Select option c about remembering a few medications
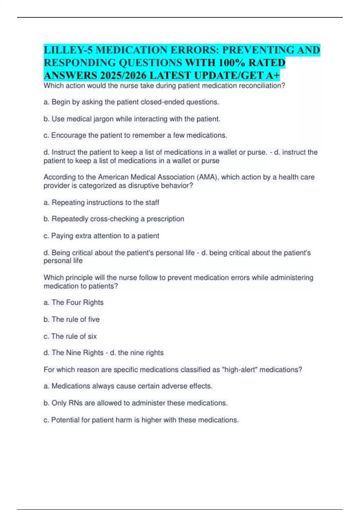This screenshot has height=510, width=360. [135, 136]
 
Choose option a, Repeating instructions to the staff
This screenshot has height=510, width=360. [101, 203]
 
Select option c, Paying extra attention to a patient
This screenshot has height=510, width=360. [101, 236]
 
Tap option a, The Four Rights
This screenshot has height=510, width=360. [73, 302]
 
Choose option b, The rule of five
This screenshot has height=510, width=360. [72, 319]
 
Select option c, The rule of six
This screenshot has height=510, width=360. [70, 336]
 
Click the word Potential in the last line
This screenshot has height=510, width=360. [65, 420]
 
